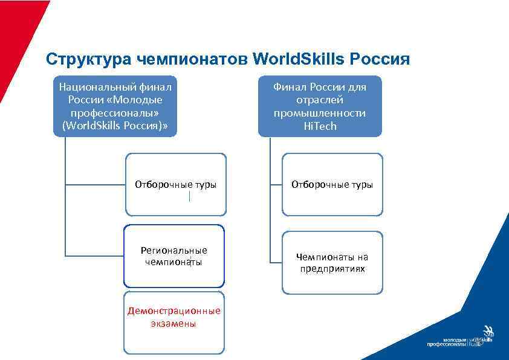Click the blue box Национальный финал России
(x=115, y=106)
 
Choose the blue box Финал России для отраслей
(x=320, y=106)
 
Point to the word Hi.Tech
(x=320, y=126)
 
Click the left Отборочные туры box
(x=175, y=184)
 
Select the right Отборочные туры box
(x=332, y=184)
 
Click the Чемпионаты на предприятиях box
(x=332, y=263)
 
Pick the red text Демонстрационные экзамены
(x=174, y=317)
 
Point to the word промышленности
(x=320, y=113)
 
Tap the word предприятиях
(x=332, y=269)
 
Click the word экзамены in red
(x=173, y=324)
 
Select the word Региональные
(x=174, y=250)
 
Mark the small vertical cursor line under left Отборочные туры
(x=190, y=196)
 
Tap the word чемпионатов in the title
(x=191, y=59)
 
